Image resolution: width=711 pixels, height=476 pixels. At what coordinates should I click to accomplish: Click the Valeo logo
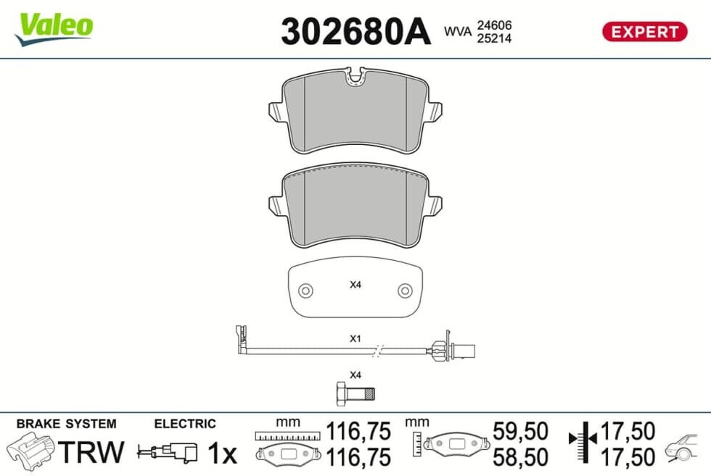tap(54, 28)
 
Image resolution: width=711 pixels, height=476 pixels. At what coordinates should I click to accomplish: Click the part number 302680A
tap(355, 32)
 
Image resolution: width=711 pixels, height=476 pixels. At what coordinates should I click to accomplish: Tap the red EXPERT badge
tap(644, 32)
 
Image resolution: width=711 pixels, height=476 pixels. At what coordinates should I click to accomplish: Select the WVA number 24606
tap(494, 25)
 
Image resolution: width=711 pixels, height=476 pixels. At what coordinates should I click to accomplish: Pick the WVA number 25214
tap(494, 38)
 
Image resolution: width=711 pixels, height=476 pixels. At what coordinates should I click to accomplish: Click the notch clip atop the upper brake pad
tap(355, 76)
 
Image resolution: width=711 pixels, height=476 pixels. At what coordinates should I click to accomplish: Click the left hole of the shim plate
tap(305, 291)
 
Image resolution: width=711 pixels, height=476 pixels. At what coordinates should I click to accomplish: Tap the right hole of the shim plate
tap(405, 291)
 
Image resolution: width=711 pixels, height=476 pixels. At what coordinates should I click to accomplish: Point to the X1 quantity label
tap(355, 338)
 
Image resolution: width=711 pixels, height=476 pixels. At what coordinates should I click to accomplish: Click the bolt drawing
tap(355, 393)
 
